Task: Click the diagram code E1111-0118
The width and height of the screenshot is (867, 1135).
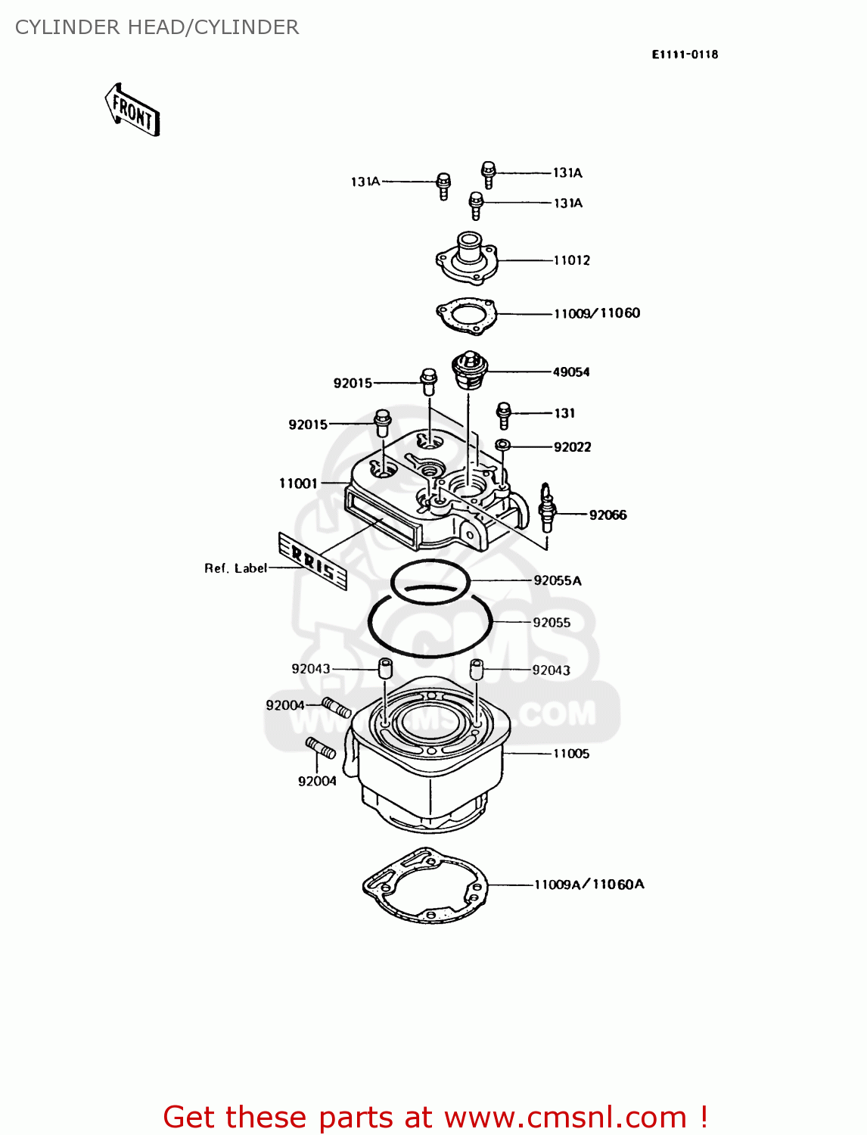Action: (685, 54)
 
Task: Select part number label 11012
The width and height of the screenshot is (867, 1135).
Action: (571, 260)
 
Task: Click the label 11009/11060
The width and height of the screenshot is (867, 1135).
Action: (597, 313)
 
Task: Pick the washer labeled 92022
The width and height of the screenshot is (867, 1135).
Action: (502, 444)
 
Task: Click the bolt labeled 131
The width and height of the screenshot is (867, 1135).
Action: (503, 415)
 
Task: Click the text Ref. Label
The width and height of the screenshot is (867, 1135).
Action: (235, 568)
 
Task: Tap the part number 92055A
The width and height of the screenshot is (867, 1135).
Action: (558, 580)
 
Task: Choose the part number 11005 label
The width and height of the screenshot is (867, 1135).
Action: (571, 754)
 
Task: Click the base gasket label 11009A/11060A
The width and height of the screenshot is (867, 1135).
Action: (589, 885)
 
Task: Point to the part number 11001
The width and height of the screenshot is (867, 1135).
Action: (298, 484)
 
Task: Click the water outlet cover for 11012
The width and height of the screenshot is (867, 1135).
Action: (467, 259)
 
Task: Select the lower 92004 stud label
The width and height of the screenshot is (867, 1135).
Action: (317, 781)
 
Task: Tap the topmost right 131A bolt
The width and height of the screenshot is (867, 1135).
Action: (489, 174)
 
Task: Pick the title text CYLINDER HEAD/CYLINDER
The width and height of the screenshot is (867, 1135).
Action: (157, 27)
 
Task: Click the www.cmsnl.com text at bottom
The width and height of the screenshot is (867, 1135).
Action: (565, 1117)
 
